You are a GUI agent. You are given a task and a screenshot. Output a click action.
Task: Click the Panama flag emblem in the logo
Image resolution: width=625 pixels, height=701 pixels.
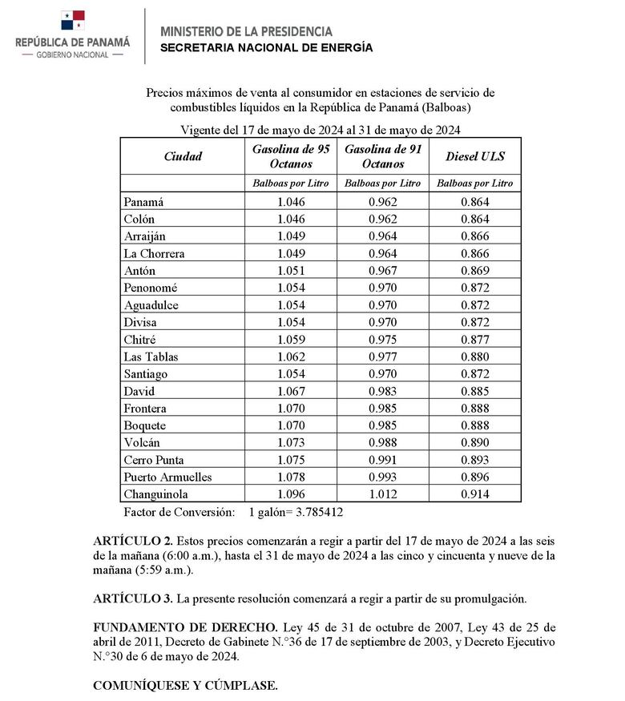(x=73, y=21)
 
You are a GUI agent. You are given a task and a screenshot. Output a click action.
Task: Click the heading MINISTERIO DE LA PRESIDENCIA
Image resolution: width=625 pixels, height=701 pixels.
(x=246, y=31)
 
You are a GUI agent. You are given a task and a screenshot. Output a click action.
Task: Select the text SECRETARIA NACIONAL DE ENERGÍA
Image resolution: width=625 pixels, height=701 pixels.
(x=266, y=48)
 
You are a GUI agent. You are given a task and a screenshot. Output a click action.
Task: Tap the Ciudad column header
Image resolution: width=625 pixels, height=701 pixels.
(x=183, y=156)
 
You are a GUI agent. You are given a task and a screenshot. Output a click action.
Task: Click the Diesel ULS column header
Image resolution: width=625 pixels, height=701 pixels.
(x=474, y=156)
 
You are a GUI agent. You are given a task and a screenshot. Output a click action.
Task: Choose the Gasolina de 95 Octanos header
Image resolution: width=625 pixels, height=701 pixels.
(x=291, y=156)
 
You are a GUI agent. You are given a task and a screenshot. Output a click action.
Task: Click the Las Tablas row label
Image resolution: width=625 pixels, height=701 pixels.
(x=151, y=357)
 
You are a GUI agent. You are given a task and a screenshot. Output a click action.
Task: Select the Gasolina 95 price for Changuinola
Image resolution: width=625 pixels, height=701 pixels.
(x=291, y=494)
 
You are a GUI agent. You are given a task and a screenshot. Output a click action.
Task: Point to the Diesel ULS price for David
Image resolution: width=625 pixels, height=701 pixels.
(x=474, y=391)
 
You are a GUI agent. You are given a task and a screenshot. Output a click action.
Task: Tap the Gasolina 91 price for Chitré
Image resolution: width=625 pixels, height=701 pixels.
(x=383, y=340)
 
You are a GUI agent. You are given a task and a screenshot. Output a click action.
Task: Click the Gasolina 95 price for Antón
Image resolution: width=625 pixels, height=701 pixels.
(x=291, y=271)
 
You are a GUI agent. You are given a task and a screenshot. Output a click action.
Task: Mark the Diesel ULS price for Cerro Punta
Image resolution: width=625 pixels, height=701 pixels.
(x=474, y=460)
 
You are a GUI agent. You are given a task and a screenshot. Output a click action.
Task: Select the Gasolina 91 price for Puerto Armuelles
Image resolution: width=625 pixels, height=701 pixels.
(x=383, y=477)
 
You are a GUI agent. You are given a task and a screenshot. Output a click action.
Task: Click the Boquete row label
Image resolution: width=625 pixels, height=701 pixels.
(x=146, y=425)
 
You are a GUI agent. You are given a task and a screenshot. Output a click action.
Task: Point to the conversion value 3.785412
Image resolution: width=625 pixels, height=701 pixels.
(x=317, y=512)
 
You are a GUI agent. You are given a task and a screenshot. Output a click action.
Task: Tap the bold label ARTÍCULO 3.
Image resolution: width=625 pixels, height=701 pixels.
(x=131, y=598)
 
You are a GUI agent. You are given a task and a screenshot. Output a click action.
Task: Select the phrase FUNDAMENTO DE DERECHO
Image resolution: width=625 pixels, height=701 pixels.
(x=184, y=626)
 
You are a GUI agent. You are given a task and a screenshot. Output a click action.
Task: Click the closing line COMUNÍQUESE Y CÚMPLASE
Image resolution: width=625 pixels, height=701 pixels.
(x=185, y=686)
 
